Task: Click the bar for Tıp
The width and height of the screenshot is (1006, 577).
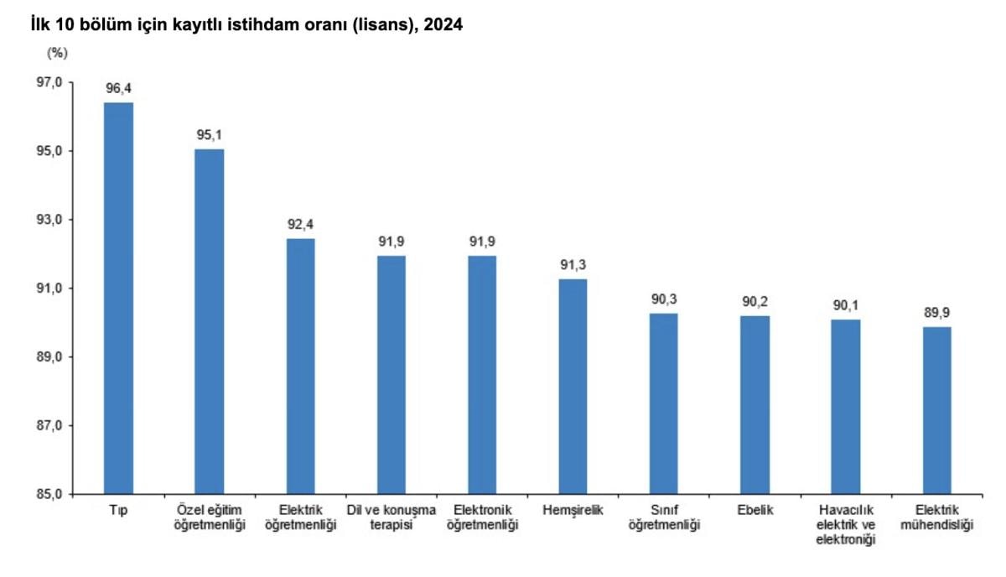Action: click(x=118, y=298)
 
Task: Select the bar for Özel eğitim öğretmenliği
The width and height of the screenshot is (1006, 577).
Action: click(x=210, y=321)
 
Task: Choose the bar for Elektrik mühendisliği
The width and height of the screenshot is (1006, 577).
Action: click(x=936, y=410)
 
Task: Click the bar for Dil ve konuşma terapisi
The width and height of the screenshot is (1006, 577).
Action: click(x=392, y=375)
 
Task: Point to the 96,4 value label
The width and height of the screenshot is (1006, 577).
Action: click(x=118, y=88)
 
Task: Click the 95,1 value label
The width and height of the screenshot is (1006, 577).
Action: click(x=210, y=134)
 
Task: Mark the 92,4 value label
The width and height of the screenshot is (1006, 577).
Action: click(x=301, y=225)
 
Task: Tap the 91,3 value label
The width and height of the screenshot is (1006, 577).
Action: click(x=573, y=265)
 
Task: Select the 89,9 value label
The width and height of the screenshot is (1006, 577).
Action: click(x=936, y=313)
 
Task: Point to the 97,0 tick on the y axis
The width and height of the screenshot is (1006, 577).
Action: click(x=49, y=82)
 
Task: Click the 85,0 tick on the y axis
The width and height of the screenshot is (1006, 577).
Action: click(x=49, y=494)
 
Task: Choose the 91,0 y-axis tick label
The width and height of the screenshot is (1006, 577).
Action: click(x=49, y=288)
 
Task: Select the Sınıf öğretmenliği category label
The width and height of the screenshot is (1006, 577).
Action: click(x=664, y=517)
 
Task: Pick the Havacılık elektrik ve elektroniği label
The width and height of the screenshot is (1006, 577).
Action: click(x=845, y=525)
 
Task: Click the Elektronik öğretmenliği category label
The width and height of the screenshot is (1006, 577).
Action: click(x=482, y=517)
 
